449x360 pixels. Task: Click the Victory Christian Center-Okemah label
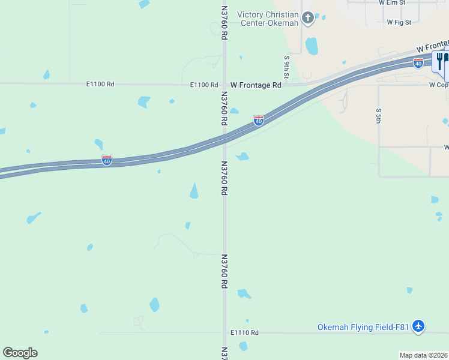pyautogui.click(x=268, y=19)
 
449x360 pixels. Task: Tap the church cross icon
pyautogui.click(x=308, y=18)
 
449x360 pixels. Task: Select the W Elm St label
pyautogui.click(x=393, y=2)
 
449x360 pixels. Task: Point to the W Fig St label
pyautogui.click(x=399, y=22)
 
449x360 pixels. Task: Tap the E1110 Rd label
pyautogui.click(x=244, y=332)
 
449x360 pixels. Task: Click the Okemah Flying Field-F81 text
pyautogui.click(x=363, y=327)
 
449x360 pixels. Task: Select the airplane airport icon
pyautogui.click(x=419, y=327)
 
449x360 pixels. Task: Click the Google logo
pyautogui.click(x=20, y=353)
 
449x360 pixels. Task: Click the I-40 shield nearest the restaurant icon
pyautogui.click(x=418, y=62)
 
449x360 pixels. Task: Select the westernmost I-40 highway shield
pyautogui.click(x=106, y=160)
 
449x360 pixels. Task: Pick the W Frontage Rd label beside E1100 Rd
pyautogui.click(x=256, y=85)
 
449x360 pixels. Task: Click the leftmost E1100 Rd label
pyautogui.click(x=100, y=84)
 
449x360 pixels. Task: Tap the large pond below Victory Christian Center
pyautogui.click(x=312, y=46)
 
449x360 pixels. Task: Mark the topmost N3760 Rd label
pyautogui.click(x=224, y=23)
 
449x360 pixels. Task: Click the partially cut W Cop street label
pyautogui.click(x=439, y=85)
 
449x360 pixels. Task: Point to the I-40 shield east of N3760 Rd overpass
pyautogui.click(x=258, y=121)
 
